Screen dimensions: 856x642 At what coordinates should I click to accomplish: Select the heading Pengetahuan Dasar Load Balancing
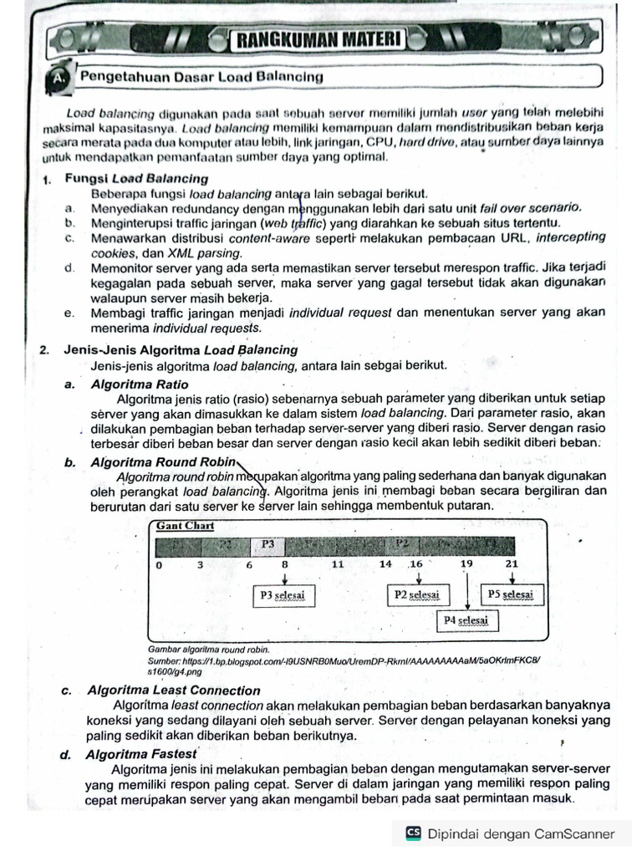click(x=201, y=77)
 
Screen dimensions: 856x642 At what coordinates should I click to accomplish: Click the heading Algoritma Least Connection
click(x=173, y=690)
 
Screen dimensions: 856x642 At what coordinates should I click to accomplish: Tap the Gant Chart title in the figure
click(x=185, y=526)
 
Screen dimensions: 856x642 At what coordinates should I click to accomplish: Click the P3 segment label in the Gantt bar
click(x=267, y=544)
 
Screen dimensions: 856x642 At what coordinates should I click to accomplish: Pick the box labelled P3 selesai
click(x=283, y=596)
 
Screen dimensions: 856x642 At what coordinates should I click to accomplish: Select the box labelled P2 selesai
click(x=415, y=595)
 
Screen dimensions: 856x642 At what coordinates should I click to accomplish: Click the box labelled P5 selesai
click(x=510, y=594)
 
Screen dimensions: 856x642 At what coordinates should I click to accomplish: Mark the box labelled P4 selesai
click(x=466, y=621)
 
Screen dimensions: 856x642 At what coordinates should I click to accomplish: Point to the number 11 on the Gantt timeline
click(x=338, y=565)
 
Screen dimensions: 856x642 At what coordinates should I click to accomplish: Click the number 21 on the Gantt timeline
click(x=512, y=565)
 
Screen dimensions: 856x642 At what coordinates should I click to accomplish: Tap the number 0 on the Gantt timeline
click(x=159, y=566)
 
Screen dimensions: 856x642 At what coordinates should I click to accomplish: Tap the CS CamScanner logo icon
click(x=413, y=833)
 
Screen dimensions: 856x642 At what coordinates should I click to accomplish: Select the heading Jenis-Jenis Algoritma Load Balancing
click(x=181, y=349)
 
